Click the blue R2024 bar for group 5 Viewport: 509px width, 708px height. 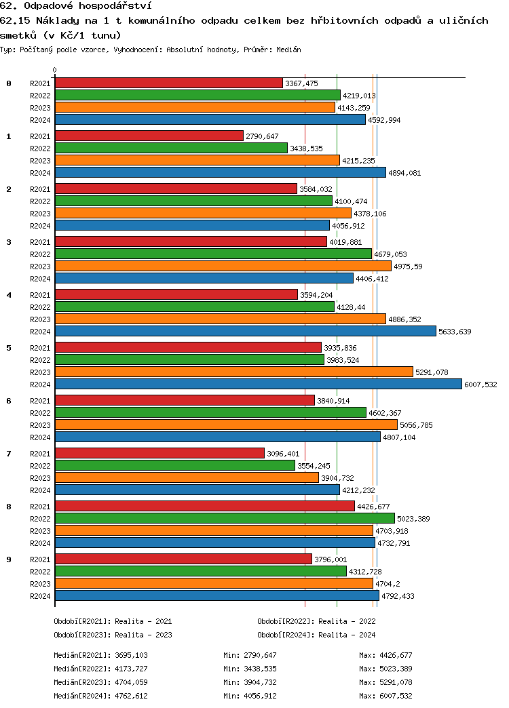[258, 384]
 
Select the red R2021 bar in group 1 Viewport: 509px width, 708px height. [149, 136]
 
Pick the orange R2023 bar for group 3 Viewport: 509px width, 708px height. [223, 266]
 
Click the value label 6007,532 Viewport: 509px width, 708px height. [480, 385]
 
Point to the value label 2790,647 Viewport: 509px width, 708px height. [262, 136]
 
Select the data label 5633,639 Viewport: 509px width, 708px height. [455, 332]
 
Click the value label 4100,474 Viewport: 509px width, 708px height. [351, 201]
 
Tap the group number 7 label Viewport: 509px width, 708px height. [9, 453]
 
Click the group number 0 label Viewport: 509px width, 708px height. [9, 83]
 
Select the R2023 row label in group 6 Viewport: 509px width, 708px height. [41, 425]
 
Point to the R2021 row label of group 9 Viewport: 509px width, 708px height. [41, 559]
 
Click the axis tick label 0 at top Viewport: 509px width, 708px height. [55, 70]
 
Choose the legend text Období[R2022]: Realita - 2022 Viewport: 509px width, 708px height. [316, 621]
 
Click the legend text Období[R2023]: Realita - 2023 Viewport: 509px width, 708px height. [113, 635]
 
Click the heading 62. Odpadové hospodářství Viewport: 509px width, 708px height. [75, 6]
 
